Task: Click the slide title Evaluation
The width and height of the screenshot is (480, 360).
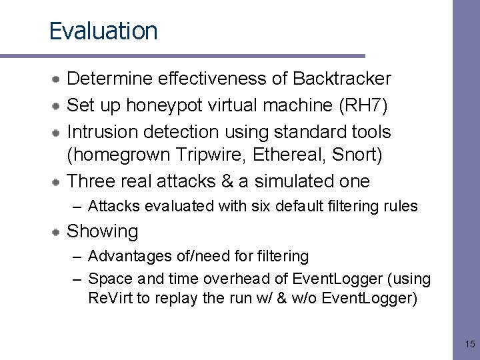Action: (x=103, y=31)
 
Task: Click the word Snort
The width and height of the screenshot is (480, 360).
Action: (x=360, y=155)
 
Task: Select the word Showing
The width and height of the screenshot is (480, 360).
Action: (x=103, y=231)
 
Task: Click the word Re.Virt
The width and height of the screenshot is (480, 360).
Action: (x=110, y=298)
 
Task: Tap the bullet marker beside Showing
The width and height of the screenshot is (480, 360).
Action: (x=59, y=231)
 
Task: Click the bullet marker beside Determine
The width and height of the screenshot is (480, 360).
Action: (x=59, y=79)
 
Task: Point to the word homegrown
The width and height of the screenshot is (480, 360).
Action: (x=121, y=155)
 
